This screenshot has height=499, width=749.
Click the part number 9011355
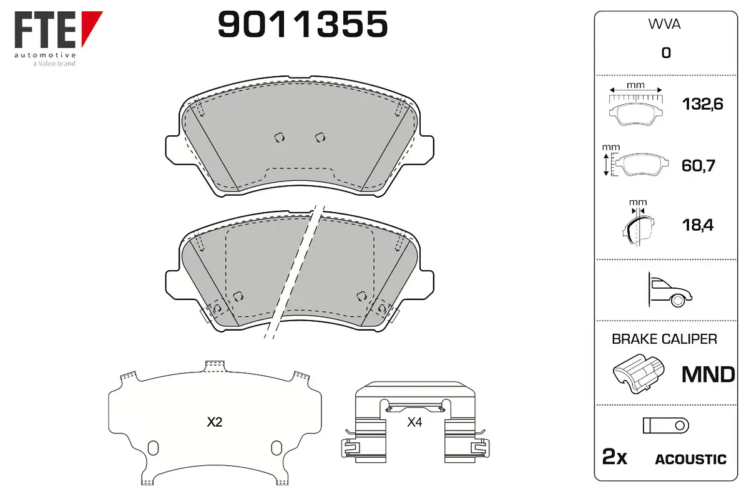click(303, 24)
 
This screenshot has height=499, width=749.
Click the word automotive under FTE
click(45, 55)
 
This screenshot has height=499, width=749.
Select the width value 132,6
click(702, 104)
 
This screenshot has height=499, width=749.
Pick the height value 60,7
click(698, 165)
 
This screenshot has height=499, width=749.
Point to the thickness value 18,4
click(698, 225)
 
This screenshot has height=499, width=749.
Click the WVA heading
click(664, 24)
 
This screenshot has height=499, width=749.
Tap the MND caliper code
click(708, 374)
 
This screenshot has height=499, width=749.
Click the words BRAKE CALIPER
click(664, 339)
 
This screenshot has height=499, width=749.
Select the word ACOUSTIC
click(691, 459)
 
